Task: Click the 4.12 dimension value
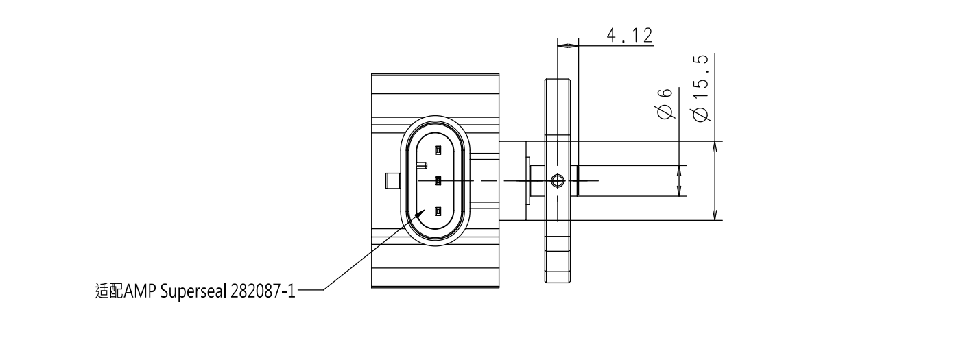pyautogui.click(x=630, y=36)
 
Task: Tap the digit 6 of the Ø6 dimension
pyautogui.click(x=665, y=93)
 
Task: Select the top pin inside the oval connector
pyautogui.click(x=438, y=150)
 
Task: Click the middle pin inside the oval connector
pyautogui.click(x=438, y=181)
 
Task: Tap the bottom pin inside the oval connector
pyautogui.click(x=438, y=211)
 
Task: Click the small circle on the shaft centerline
pyautogui.click(x=557, y=181)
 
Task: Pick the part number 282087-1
pyautogui.click(x=263, y=291)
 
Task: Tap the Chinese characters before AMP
pyautogui.click(x=109, y=291)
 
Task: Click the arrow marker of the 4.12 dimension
pyautogui.click(x=568, y=45)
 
